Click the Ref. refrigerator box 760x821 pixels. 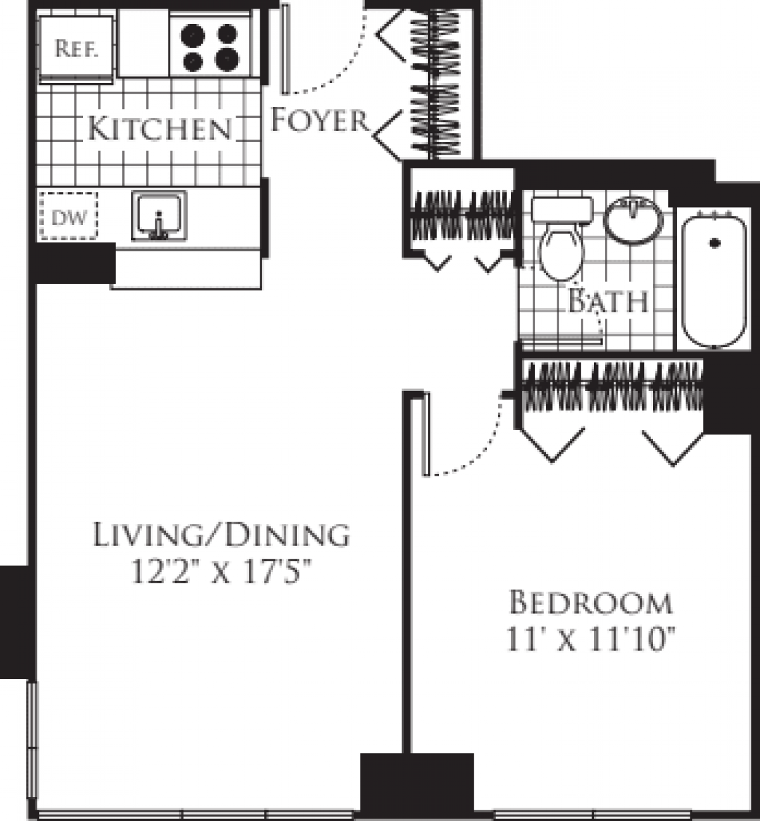click(77, 48)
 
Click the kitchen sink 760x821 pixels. click(159, 217)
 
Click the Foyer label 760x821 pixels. click(320, 120)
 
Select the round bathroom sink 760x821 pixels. click(633, 219)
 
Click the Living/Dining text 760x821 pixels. click(221, 535)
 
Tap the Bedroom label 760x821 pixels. click(590, 602)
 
